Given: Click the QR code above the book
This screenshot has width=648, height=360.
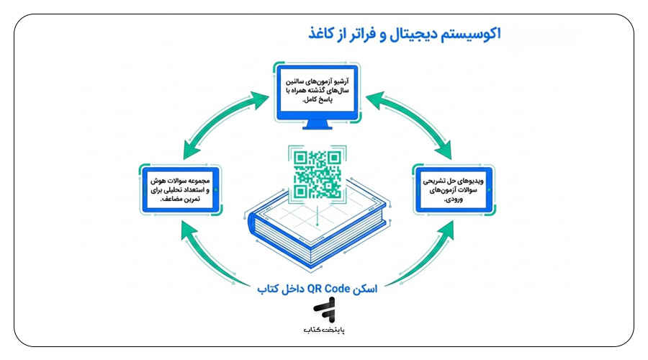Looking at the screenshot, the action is (318, 174).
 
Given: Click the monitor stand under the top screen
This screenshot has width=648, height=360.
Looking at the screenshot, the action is (318, 125).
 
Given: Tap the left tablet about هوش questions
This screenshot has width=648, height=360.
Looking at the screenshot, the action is (181, 189).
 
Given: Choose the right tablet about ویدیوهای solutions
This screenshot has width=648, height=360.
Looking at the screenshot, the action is (454, 189).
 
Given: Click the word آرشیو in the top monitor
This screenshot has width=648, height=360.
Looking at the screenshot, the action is (341, 81).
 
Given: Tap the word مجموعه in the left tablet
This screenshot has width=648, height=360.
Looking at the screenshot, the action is (198, 181).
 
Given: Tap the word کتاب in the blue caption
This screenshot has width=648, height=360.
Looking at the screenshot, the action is (268, 289).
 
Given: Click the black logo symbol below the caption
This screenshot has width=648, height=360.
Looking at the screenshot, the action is (325, 310).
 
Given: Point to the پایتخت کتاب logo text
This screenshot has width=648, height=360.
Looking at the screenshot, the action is (325, 330).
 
